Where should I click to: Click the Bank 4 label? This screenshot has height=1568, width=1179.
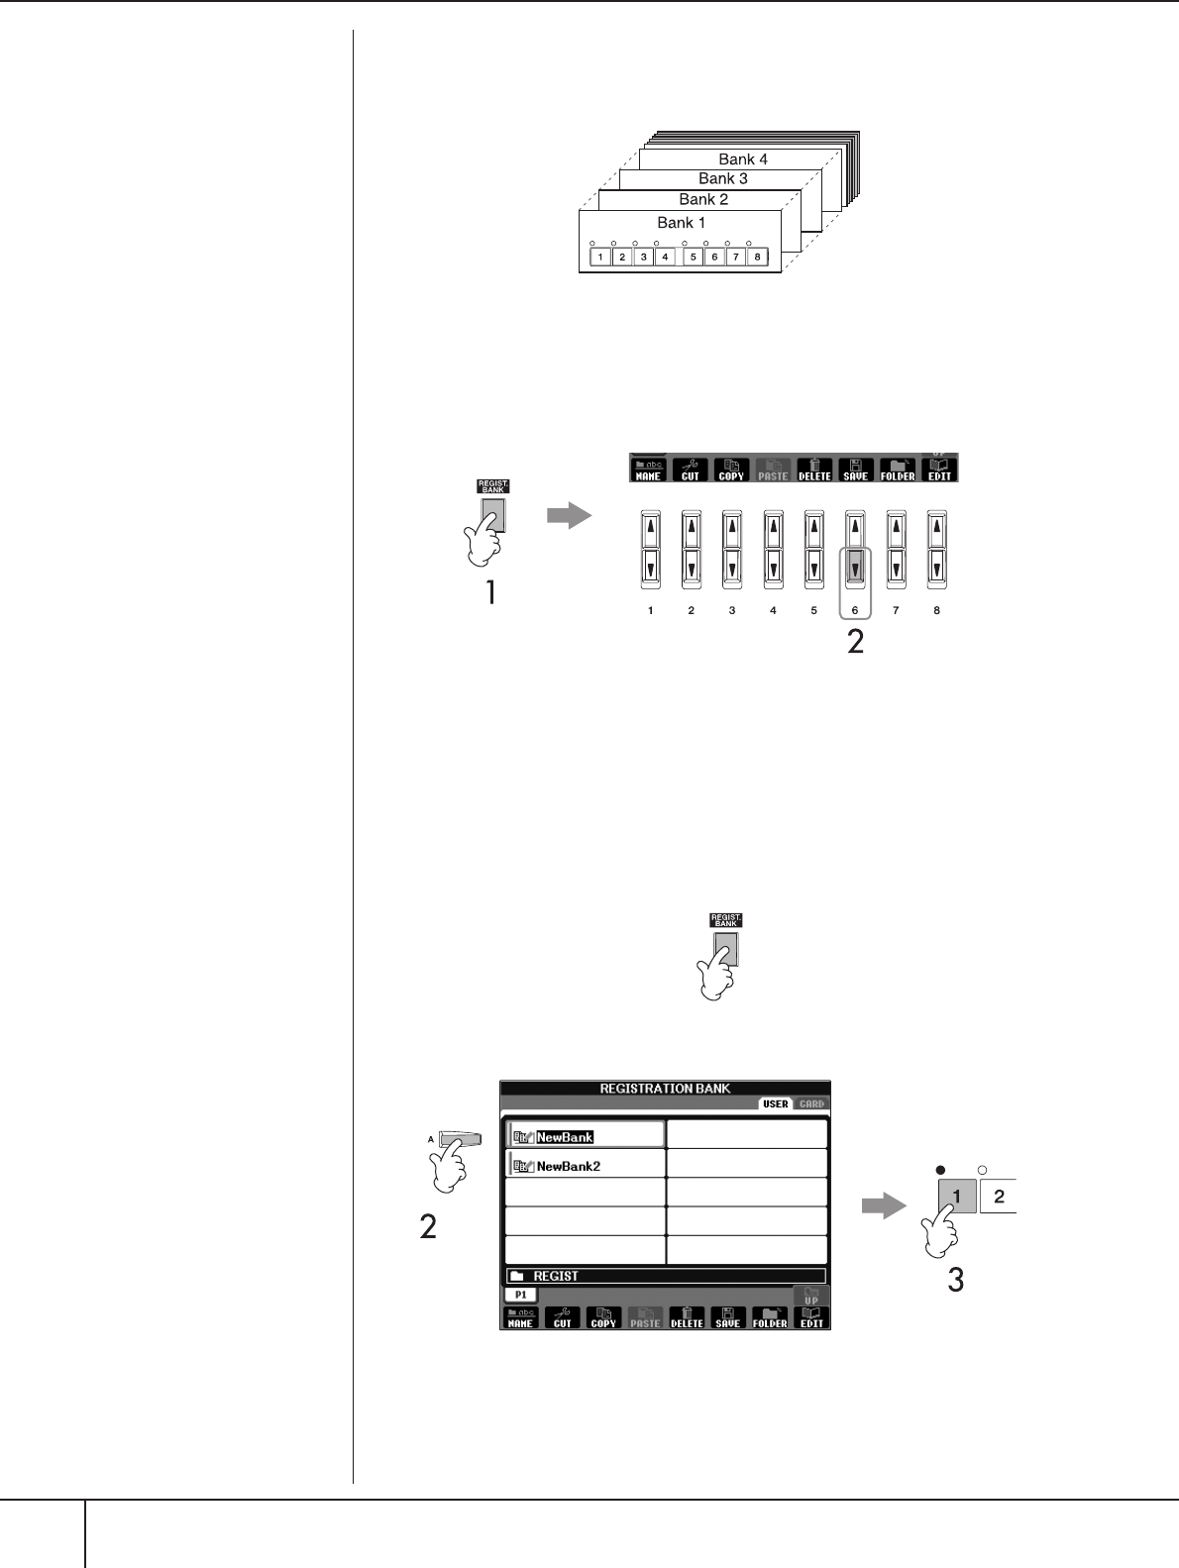click(743, 159)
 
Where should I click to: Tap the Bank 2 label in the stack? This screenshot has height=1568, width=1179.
click(703, 199)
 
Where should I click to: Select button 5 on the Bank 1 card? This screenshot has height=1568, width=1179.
click(693, 258)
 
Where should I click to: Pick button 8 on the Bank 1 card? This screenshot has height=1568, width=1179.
click(757, 258)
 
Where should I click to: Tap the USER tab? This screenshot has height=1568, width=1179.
click(776, 1103)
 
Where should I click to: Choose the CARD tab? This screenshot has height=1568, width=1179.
click(811, 1103)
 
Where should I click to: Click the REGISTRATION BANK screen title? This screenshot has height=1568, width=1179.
click(665, 1089)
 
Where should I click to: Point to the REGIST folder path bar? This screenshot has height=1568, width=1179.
click(665, 1277)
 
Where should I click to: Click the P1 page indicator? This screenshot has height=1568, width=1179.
click(520, 1295)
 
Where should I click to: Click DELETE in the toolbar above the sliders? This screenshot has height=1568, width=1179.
click(814, 469)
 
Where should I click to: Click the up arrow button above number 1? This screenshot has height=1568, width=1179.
click(650, 529)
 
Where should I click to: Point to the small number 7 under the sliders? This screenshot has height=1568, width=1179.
click(896, 611)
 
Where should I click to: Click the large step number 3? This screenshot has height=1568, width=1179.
click(955, 1280)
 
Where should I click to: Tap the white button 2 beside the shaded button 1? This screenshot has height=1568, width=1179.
click(999, 1197)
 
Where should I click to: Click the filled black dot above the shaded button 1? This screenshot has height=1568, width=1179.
click(939, 1169)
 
